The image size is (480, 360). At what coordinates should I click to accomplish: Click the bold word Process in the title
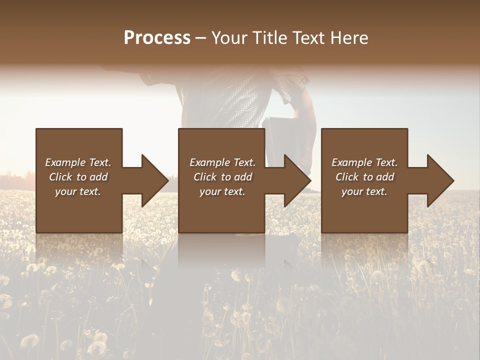coord(157,38)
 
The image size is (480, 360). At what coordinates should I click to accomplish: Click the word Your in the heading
coord(230,38)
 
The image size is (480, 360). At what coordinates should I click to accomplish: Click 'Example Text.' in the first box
coord(78,162)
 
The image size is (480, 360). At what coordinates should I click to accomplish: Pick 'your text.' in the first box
coord(78,191)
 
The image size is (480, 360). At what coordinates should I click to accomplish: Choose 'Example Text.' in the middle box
coord(222,162)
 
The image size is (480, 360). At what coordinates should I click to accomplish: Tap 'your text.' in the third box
coord(364,191)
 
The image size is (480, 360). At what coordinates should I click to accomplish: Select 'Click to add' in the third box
coord(365,177)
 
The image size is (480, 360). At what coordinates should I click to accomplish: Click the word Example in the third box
coord(351,162)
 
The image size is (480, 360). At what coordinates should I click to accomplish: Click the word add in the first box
coord(99,177)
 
